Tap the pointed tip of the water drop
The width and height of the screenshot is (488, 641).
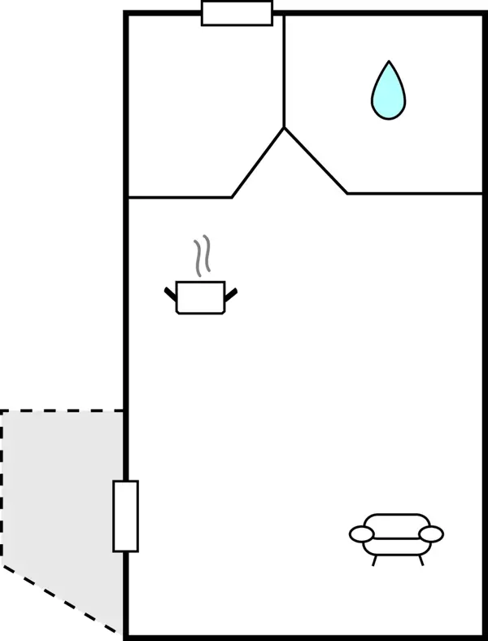tap(389, 63)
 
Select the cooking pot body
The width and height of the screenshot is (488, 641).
tap(200, 298)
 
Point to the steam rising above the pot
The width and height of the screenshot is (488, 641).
tap(202, 255)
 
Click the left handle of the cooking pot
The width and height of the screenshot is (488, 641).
tap(170, 293)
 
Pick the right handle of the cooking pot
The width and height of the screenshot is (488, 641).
tap(231, 293)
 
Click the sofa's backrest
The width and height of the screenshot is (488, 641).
tap(397, 521)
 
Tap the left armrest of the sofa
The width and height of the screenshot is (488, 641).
tap(362, 534)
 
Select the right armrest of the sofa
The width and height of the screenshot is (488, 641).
tap(431, 534)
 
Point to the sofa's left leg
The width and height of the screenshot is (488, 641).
tap(374, 560)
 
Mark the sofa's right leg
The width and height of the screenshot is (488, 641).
tap(420, 560)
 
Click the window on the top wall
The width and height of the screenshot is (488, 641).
tap(237, 14)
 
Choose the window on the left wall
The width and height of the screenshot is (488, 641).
tap(125, 516)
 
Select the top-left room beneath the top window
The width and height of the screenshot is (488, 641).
tap(203, 106)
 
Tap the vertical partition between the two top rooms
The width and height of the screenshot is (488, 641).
tap(284, 73)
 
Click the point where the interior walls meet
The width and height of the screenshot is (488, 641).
tap(284, 128)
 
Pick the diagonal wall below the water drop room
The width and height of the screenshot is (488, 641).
tap(316, 160)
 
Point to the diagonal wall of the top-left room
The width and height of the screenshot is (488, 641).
tap(258, 163)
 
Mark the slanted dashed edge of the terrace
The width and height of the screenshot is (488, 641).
tap(62, 599)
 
